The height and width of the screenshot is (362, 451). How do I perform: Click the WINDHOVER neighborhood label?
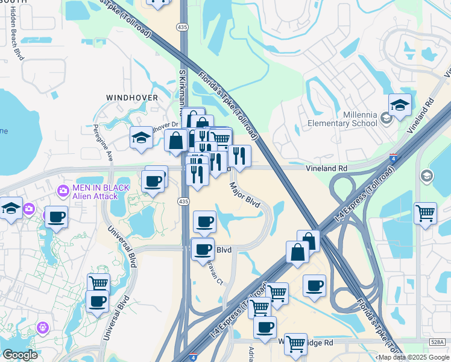pos(132,97)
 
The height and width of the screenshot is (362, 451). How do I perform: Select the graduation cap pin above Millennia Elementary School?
pos(400,106)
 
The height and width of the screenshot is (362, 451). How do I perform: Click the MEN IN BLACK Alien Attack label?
pos(101,191)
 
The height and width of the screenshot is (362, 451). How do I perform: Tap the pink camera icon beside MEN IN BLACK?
pos(63,191)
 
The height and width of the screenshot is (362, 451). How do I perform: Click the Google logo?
pos(20,355)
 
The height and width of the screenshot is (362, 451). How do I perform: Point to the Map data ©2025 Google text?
pos(412,357)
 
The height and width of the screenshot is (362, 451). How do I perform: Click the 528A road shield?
pos(438,342)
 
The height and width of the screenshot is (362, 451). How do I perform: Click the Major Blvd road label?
pos(244,195)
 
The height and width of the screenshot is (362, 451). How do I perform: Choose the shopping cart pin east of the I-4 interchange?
pos(426,214)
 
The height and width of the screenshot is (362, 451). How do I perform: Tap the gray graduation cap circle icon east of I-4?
pos(427,176)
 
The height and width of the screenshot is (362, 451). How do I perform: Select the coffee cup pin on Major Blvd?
pos(204,222)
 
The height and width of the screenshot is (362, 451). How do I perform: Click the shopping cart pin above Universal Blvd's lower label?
pos(98,282)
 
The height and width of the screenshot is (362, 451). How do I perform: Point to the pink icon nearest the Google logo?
pos(42,328)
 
